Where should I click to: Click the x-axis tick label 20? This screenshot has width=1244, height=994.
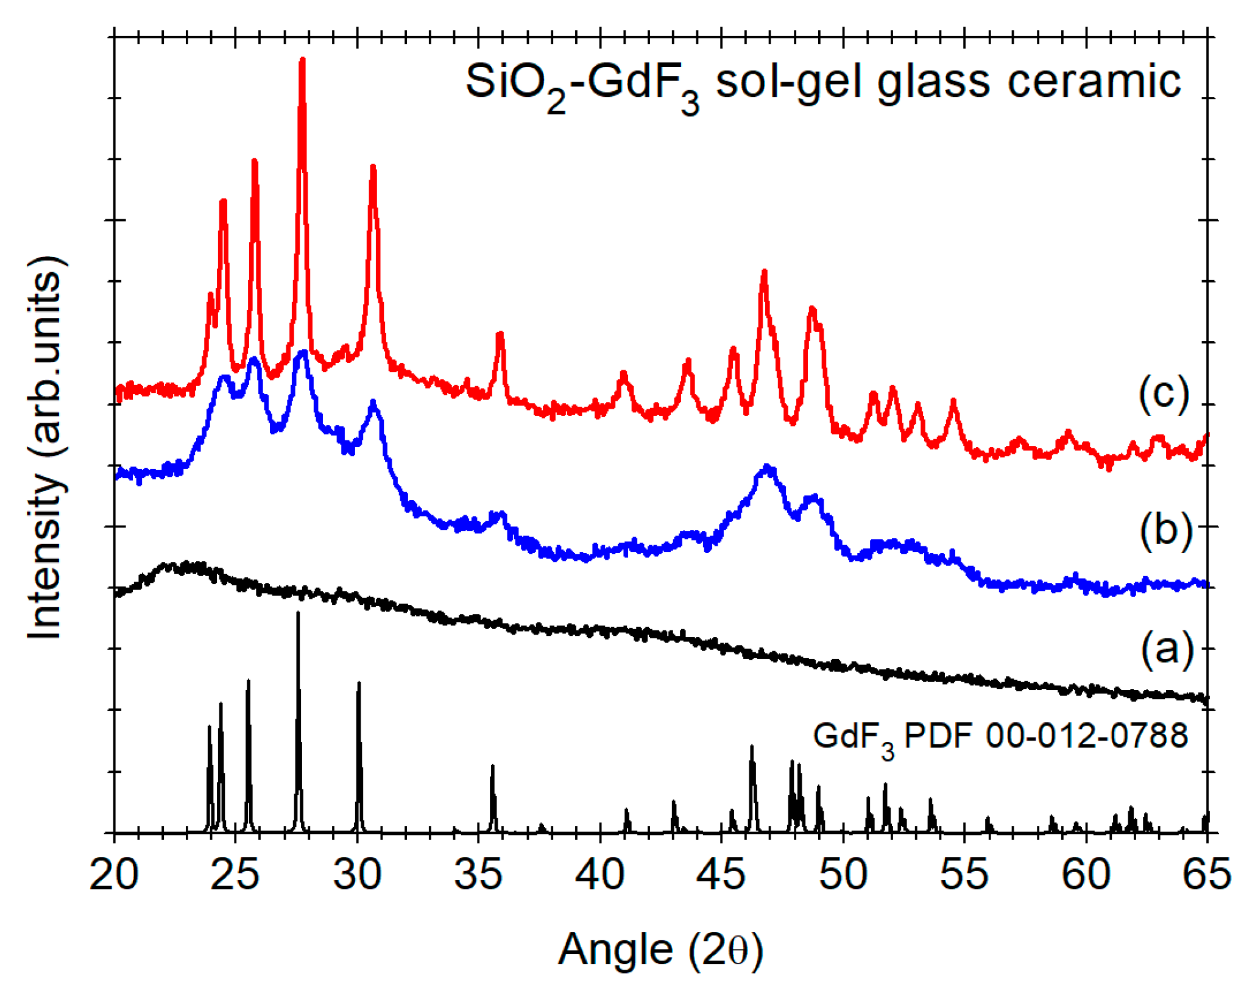(x=114, y=876)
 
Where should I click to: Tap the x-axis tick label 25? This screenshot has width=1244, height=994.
(x=235, y=876)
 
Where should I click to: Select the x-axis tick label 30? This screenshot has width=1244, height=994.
(x=357, y=876)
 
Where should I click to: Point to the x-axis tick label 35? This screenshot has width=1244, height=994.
(x=478, y=876)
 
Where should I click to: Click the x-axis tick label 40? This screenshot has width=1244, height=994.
(x=600, y=876)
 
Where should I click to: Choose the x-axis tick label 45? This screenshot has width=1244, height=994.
(x=721, y=876)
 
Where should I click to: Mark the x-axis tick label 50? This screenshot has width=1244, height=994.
(x=843, y=876)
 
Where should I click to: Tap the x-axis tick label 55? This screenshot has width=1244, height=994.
(x=964, y=876)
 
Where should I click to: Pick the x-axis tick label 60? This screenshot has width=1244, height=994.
(x=1086, y=876)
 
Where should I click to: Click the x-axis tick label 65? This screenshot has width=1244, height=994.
(x=1206, y=876)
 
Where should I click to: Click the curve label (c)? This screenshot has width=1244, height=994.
(x=1164, y=394)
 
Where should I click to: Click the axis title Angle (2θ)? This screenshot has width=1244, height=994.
(x=660, y=950)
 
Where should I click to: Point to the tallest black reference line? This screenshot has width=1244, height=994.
(x=298, y=615)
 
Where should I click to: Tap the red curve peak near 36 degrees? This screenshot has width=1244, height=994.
(x=500, y=334)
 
